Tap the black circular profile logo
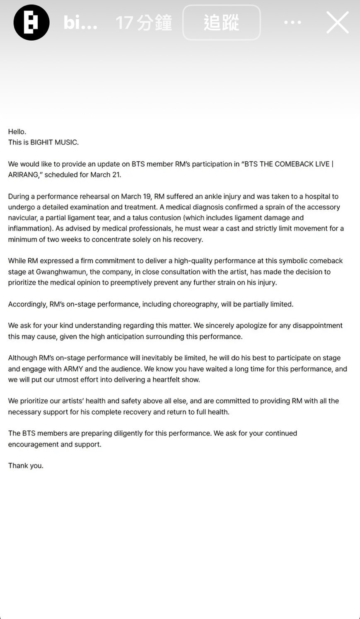(31, 22)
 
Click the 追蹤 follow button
(221, 22)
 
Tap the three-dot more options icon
(292, 22)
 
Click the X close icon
(337, 22)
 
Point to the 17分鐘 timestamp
(143, 22)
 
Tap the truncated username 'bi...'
(80, 22)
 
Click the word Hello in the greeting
(17, 131)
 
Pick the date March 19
(137, 196)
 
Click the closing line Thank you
(26, 466)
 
